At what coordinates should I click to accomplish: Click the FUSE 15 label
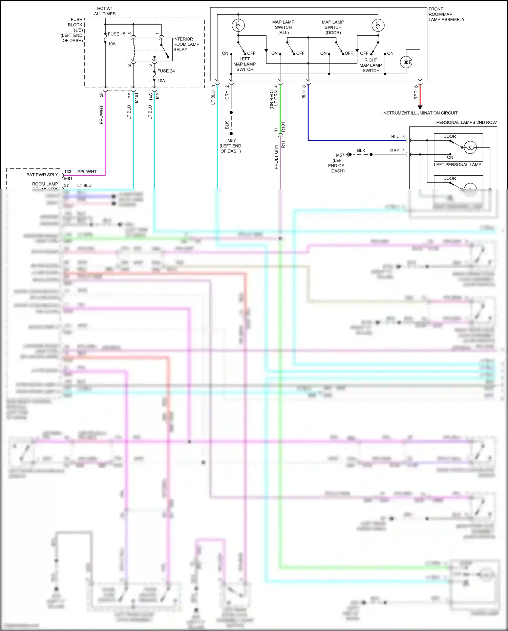[x=117, y=34]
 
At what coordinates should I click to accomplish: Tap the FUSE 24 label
[x=166, y=71]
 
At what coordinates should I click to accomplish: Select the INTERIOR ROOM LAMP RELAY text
[x=186, y=44]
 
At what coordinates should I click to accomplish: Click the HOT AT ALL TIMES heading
[x=105, y=11]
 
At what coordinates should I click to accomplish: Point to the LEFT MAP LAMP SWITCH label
[x=245, y=64]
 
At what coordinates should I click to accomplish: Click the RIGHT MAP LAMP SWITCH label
[x=371, y=65]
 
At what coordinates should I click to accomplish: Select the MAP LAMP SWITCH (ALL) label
[x=283, y=27]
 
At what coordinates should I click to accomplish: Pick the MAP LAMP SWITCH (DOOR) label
[x=333, y=27]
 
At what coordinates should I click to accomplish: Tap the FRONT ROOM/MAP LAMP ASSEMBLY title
[x=446, y=14]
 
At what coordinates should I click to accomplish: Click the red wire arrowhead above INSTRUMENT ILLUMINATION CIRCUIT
[x=420, y=107]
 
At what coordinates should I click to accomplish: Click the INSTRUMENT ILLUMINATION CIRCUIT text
[x=420, y=113]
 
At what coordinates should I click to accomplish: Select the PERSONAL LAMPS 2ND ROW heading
[x=466, y=122]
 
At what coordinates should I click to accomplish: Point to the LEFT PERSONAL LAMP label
[x=457, y=165]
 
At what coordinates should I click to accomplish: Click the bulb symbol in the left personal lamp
[x=470, y=147]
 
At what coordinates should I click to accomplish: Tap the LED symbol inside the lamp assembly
[x=406, y=62]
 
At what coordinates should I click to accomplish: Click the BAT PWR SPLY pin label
[x=42, y=175]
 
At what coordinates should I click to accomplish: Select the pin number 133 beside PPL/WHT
[x=68, y=172]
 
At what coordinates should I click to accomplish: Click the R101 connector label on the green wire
[x=283, y=127]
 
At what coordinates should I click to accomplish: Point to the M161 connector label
[x=136, y=97]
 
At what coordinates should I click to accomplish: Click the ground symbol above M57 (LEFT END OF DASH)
[x=231, y=134]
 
